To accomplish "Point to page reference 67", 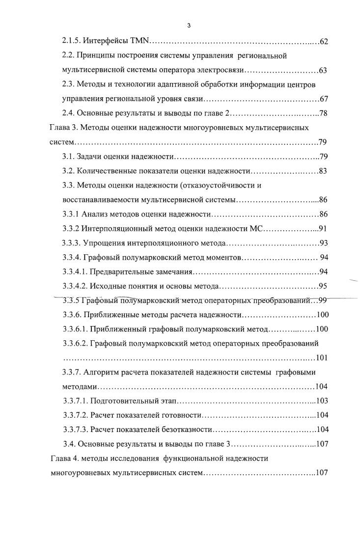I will (x=323, y=99).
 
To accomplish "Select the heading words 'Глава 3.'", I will (x=63, y=128).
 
